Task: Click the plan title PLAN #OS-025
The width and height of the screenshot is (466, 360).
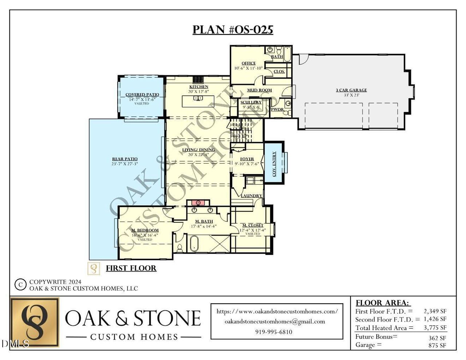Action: click(233, 29)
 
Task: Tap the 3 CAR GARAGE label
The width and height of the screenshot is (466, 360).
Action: click(351, 90)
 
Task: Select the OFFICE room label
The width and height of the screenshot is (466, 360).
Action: click(249, 63)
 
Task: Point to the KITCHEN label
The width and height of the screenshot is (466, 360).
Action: click(198, 87)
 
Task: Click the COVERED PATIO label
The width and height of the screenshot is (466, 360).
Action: click(142, 95)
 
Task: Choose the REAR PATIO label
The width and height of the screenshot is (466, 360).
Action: click(125, 159)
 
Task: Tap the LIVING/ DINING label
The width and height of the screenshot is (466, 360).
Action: click(198, 150)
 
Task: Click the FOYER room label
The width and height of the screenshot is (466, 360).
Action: click(247, 159)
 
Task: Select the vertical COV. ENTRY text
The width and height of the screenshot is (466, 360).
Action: click(274, 164)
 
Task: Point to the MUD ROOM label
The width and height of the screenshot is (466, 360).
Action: click(260, 90)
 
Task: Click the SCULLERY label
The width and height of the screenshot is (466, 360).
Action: click(251, 102)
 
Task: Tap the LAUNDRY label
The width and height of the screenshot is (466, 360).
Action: click(251, 196)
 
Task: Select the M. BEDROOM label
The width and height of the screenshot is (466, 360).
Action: click(145, 230)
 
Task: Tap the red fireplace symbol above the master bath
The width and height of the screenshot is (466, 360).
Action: click(198, 202)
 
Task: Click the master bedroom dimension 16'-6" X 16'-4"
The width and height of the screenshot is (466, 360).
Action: click(145, 235)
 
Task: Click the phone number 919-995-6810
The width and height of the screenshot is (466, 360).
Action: click(273, 332)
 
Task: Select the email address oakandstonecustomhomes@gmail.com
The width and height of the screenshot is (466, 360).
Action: click(275, 321)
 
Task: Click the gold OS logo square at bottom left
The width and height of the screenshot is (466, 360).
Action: click(35, 322)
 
